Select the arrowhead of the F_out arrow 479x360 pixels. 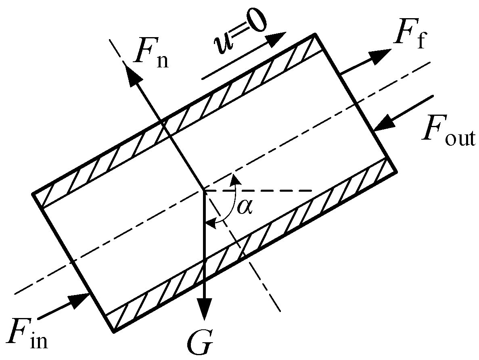coord(383,121)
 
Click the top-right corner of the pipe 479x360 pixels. coord(314,35)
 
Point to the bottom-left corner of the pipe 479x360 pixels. coord(114,332)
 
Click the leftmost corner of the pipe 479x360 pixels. coord(33,194)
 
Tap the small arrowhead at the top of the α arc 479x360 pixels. coord(233,179)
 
